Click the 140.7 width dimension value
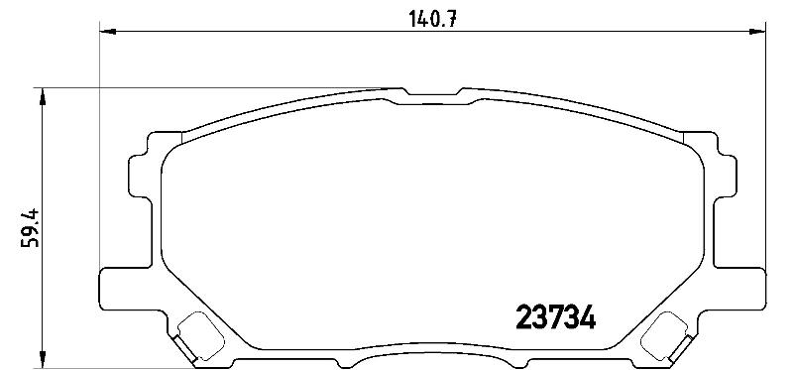pyautogui.click(x=433, y=19)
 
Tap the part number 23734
pyautogui.click(x=555, y=316)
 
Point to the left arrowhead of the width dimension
pyautogui.click(x=108, y=32)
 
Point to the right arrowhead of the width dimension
pyautogui.click(x=757, y=32)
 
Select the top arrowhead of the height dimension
pyautogui.click(x=43, y=96)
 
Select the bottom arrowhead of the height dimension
pyautogui.click(x=43, y=359)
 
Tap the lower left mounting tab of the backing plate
pyautogui.click(x=127, y=289)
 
